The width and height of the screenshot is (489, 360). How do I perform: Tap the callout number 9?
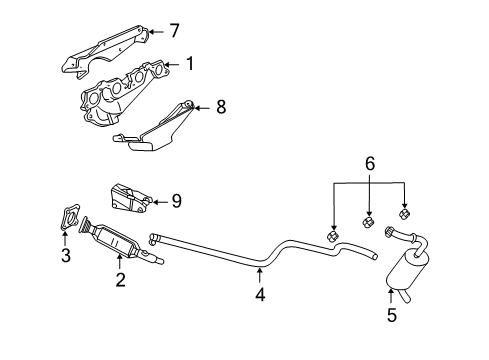(175, 201)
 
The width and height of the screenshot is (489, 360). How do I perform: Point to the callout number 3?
(66, 256)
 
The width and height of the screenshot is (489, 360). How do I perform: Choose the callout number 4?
(260, 294)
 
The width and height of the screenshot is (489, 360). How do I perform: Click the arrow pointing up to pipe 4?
(260, 271)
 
